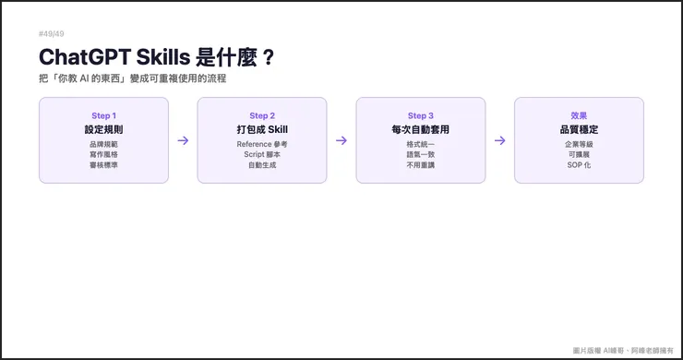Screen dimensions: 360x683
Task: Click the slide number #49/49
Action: (x=52, y=34)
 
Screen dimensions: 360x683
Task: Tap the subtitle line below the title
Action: (x=133, y=79)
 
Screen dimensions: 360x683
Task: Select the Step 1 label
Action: (x=103, y=115)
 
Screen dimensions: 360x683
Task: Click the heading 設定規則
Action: (x=103, y=130)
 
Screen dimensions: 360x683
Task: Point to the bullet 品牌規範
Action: (x=103, y=144)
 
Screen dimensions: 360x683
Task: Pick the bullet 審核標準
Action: (x=103, y=164)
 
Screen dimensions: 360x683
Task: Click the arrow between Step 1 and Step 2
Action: (x=183, y=140)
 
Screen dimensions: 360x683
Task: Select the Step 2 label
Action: (x=262, y=115)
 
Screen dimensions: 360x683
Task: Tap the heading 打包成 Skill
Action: (x=262, y=130)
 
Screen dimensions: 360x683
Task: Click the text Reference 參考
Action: (x=262, y=144)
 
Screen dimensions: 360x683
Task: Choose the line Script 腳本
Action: (x=262, y=154)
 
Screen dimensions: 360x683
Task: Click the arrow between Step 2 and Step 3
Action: (x=341, y=140)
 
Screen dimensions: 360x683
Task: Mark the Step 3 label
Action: (x=421, y=115)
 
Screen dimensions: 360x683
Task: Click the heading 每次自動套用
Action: (x=421, y=130)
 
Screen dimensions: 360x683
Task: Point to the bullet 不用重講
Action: (x=421, y=164)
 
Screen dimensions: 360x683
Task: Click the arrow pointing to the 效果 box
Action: (x=500, y=140)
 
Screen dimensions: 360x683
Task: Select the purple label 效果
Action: (x=579, y=115)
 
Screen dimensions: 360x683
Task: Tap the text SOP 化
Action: (x=579, y=164)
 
